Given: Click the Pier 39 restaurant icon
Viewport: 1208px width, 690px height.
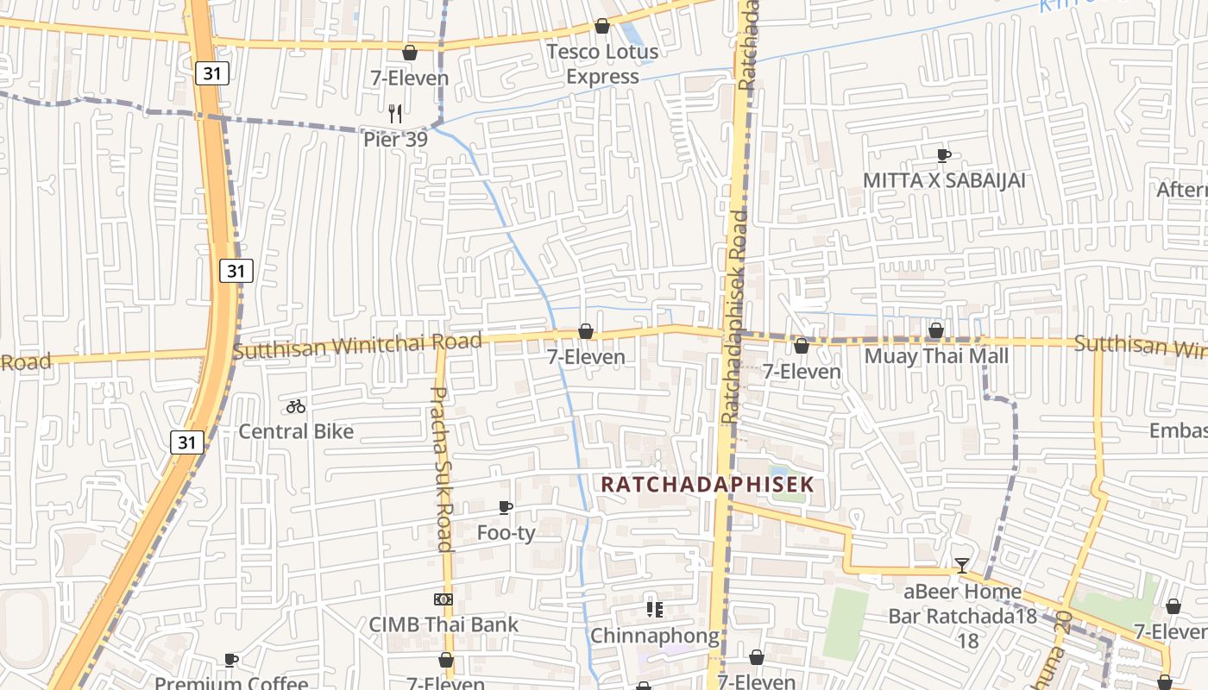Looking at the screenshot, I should (x=395, y=113).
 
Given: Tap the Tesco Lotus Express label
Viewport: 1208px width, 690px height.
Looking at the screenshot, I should (x=602, y=64).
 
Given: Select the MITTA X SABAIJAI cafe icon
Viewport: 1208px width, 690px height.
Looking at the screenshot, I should (x=944, y=155).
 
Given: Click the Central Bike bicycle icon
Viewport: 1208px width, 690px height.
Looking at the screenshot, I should (x=296, y=405).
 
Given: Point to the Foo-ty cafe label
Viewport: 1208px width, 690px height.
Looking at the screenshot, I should (x=506, y=533).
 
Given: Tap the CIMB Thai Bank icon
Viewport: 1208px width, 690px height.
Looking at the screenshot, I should (x=443, y=599).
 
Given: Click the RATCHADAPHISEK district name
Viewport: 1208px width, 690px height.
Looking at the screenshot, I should (x=707, y=484).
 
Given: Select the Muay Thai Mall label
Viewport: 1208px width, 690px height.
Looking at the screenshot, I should (x=936, y=355).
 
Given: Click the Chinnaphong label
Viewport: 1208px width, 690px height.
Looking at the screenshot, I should (x=654, y=637).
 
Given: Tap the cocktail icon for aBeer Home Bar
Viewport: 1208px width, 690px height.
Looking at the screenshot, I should (x=962, y=566).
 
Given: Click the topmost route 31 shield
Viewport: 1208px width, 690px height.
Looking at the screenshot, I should (x=212, y=73).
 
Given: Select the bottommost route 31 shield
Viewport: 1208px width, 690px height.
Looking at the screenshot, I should (x=186, y=442).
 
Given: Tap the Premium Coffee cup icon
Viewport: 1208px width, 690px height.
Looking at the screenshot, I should (x=230, y=660).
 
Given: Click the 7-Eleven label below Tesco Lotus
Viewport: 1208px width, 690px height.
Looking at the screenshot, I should (x=410, y=78).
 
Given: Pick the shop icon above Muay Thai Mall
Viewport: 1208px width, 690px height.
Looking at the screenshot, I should (x=936, y=330).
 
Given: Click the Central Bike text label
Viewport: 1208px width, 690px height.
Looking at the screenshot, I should (x=296, y=431).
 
